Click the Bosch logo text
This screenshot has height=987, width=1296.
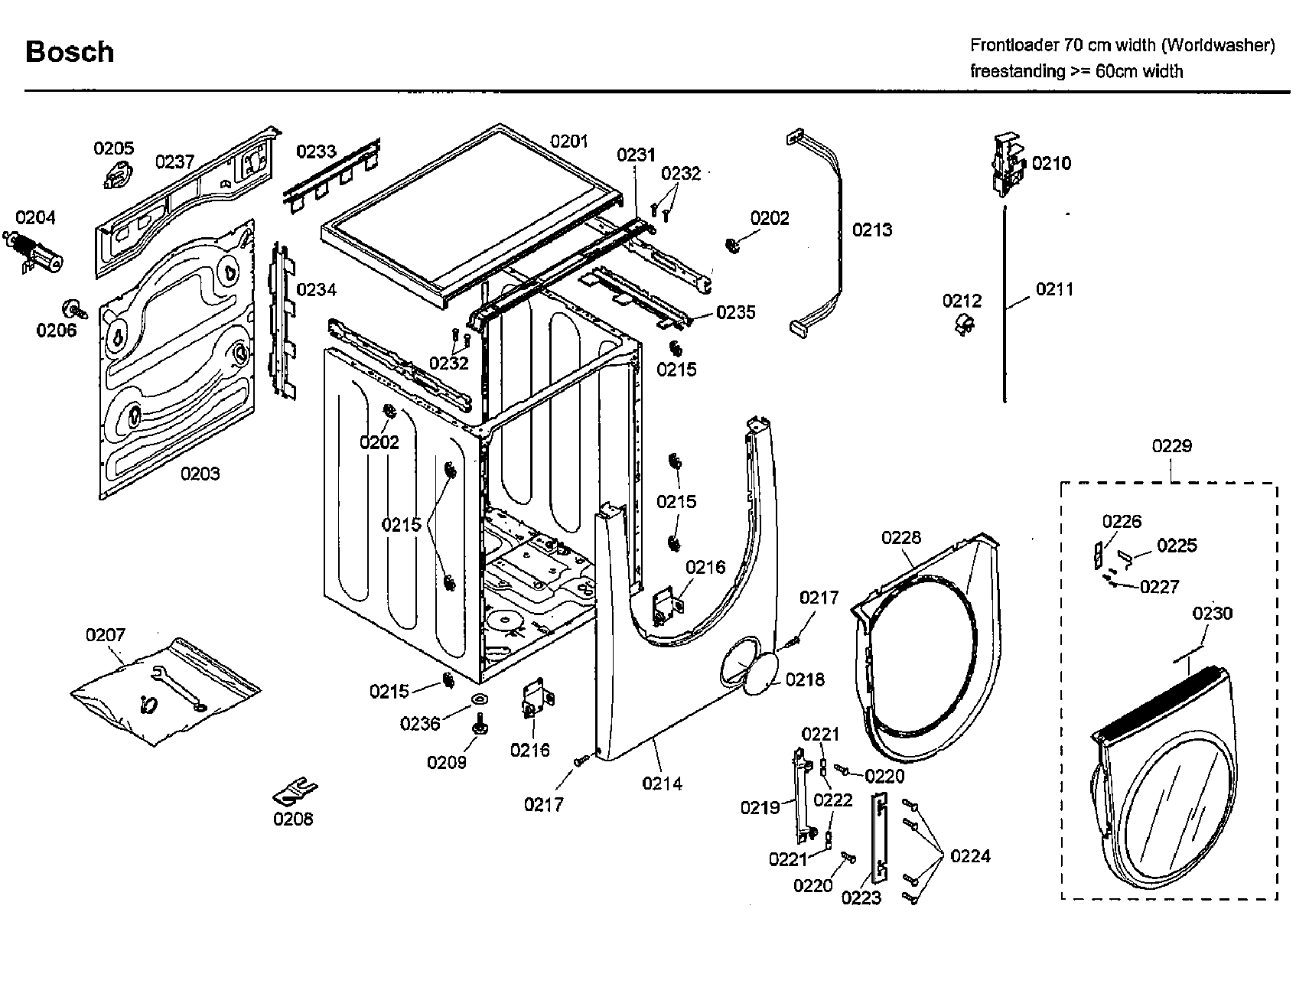click(x=70, y=52)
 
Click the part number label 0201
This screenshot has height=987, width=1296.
click(x=569, y=141)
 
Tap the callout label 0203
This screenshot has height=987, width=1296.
click(x=200, y=474)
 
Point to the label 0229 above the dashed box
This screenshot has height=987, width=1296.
click(x=1171, y=445)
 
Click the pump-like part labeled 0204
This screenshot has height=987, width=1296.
click(x=35, y=252)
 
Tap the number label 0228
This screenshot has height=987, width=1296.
click(x=901, y=538)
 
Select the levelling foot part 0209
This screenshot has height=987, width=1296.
click(x=480, y=724)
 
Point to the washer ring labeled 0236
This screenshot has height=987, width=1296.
click(x=480, y=699)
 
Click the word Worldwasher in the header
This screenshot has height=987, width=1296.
click(x=1218, y=45)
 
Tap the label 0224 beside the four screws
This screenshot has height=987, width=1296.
click(x=970, y=856)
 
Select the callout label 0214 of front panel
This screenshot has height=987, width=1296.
click(x=662, y=783)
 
